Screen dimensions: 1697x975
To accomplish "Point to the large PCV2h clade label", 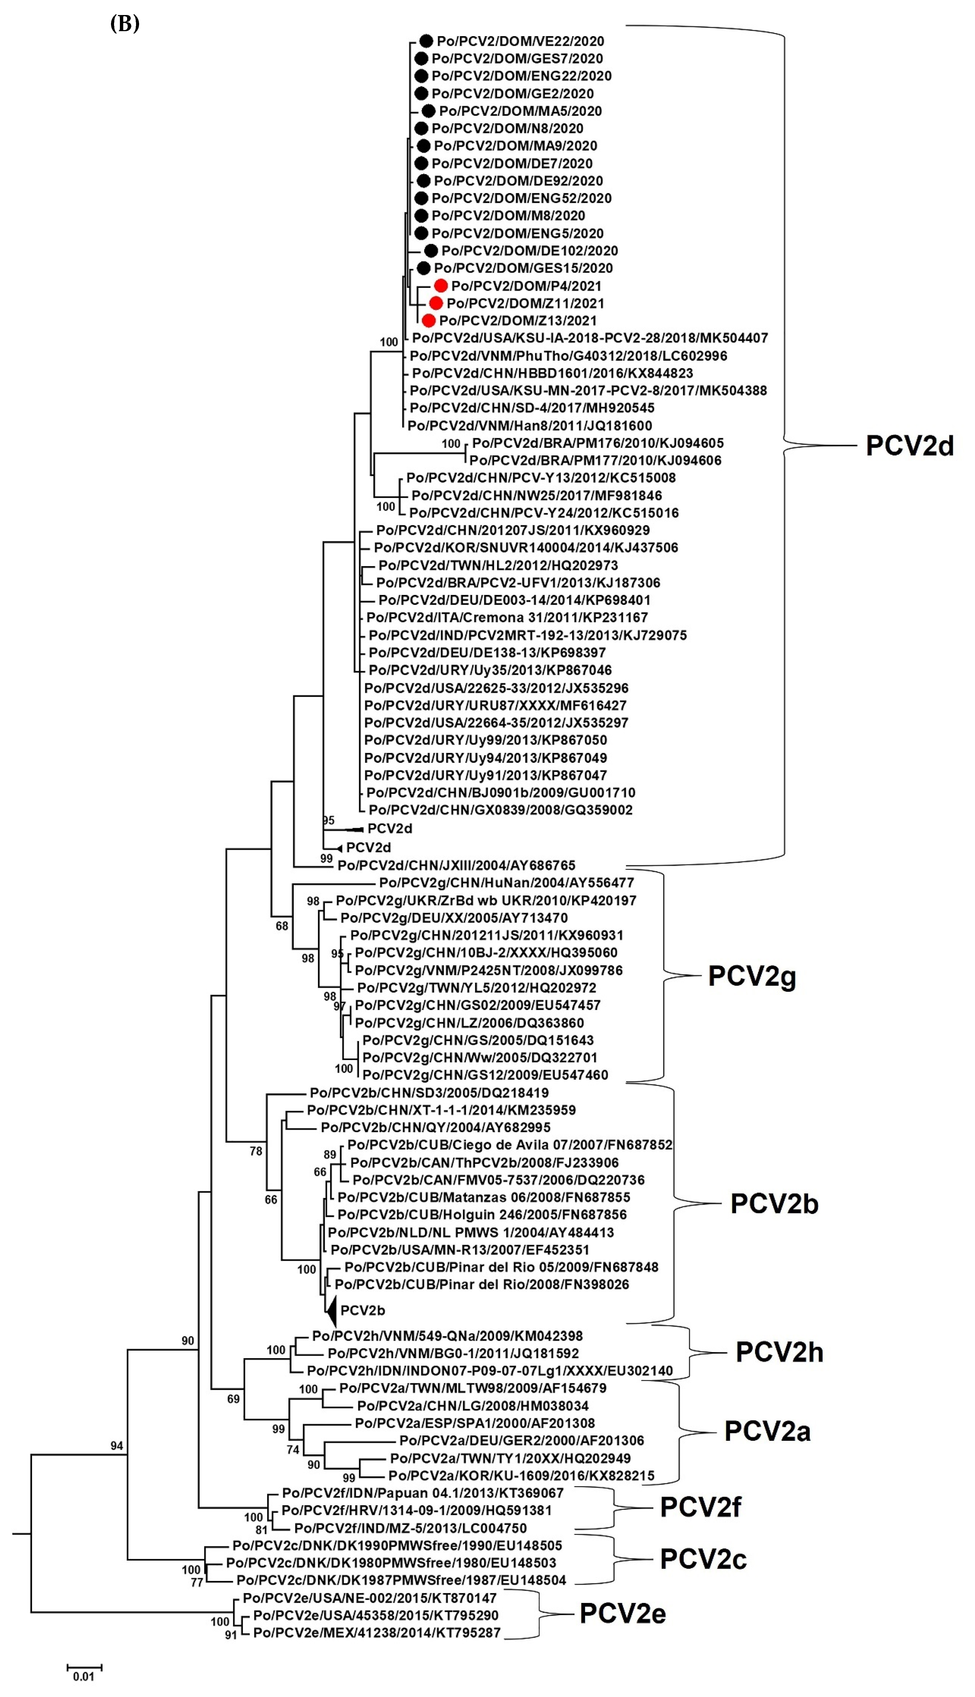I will [779, 1352].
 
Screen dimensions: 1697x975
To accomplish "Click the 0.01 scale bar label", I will [84, 1676].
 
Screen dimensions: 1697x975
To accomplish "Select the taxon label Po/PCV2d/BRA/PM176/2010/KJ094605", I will [597, 443].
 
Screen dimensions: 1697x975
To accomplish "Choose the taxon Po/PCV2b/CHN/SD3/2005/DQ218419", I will [429, 1093].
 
